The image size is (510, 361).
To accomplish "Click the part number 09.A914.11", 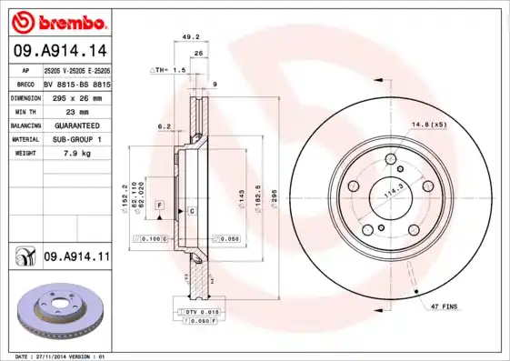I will pos(75,258).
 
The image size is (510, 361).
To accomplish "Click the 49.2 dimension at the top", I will pos(192,38).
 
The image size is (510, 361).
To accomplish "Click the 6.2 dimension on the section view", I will pos(164,126).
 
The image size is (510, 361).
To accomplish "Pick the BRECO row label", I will pos(25,83).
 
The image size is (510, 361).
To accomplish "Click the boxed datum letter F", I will pos(160,206).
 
